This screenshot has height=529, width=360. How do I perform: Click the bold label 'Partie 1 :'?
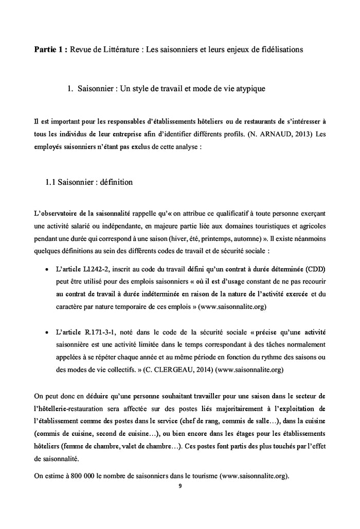pos(50,49)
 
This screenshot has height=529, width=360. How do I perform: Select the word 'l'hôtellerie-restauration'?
pos(72,409)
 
